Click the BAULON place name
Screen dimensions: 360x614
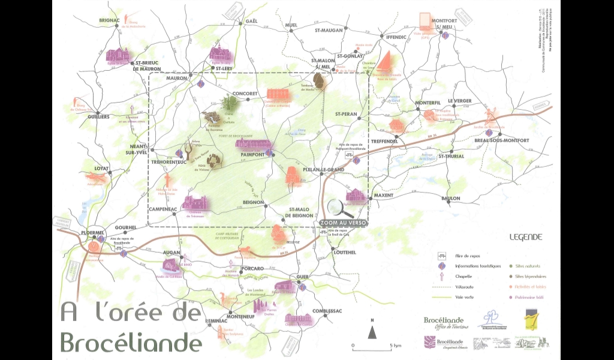coord(450,198)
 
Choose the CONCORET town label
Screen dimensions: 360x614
coord(245,94)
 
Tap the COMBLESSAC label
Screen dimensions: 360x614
coord(326,311)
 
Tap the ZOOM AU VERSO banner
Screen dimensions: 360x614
coord(344,222)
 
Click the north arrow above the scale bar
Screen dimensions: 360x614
coord(372,330)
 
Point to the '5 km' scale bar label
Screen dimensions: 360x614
coord(395,346)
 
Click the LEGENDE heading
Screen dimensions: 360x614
coord(525,237)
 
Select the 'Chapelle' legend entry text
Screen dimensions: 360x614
coord(465,277)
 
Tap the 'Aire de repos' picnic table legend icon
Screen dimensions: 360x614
coord(442,256)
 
